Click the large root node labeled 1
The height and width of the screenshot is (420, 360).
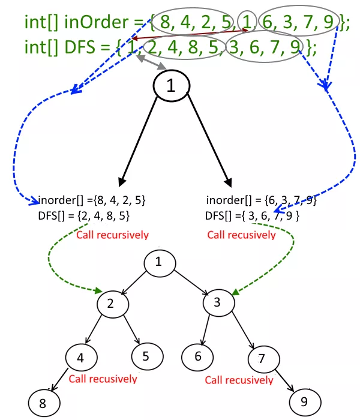171,86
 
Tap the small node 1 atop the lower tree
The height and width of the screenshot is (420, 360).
158,262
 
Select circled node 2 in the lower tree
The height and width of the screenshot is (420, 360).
110,304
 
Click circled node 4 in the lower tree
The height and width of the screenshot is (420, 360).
80,358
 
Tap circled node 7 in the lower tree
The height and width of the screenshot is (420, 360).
261,359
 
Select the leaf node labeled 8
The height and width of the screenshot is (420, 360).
43,403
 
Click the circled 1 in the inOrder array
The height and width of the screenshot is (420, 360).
246,22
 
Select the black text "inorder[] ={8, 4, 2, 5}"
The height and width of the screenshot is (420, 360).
92,200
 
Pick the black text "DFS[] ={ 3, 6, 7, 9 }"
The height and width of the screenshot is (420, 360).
252,215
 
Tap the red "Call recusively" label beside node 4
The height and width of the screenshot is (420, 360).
103,379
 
